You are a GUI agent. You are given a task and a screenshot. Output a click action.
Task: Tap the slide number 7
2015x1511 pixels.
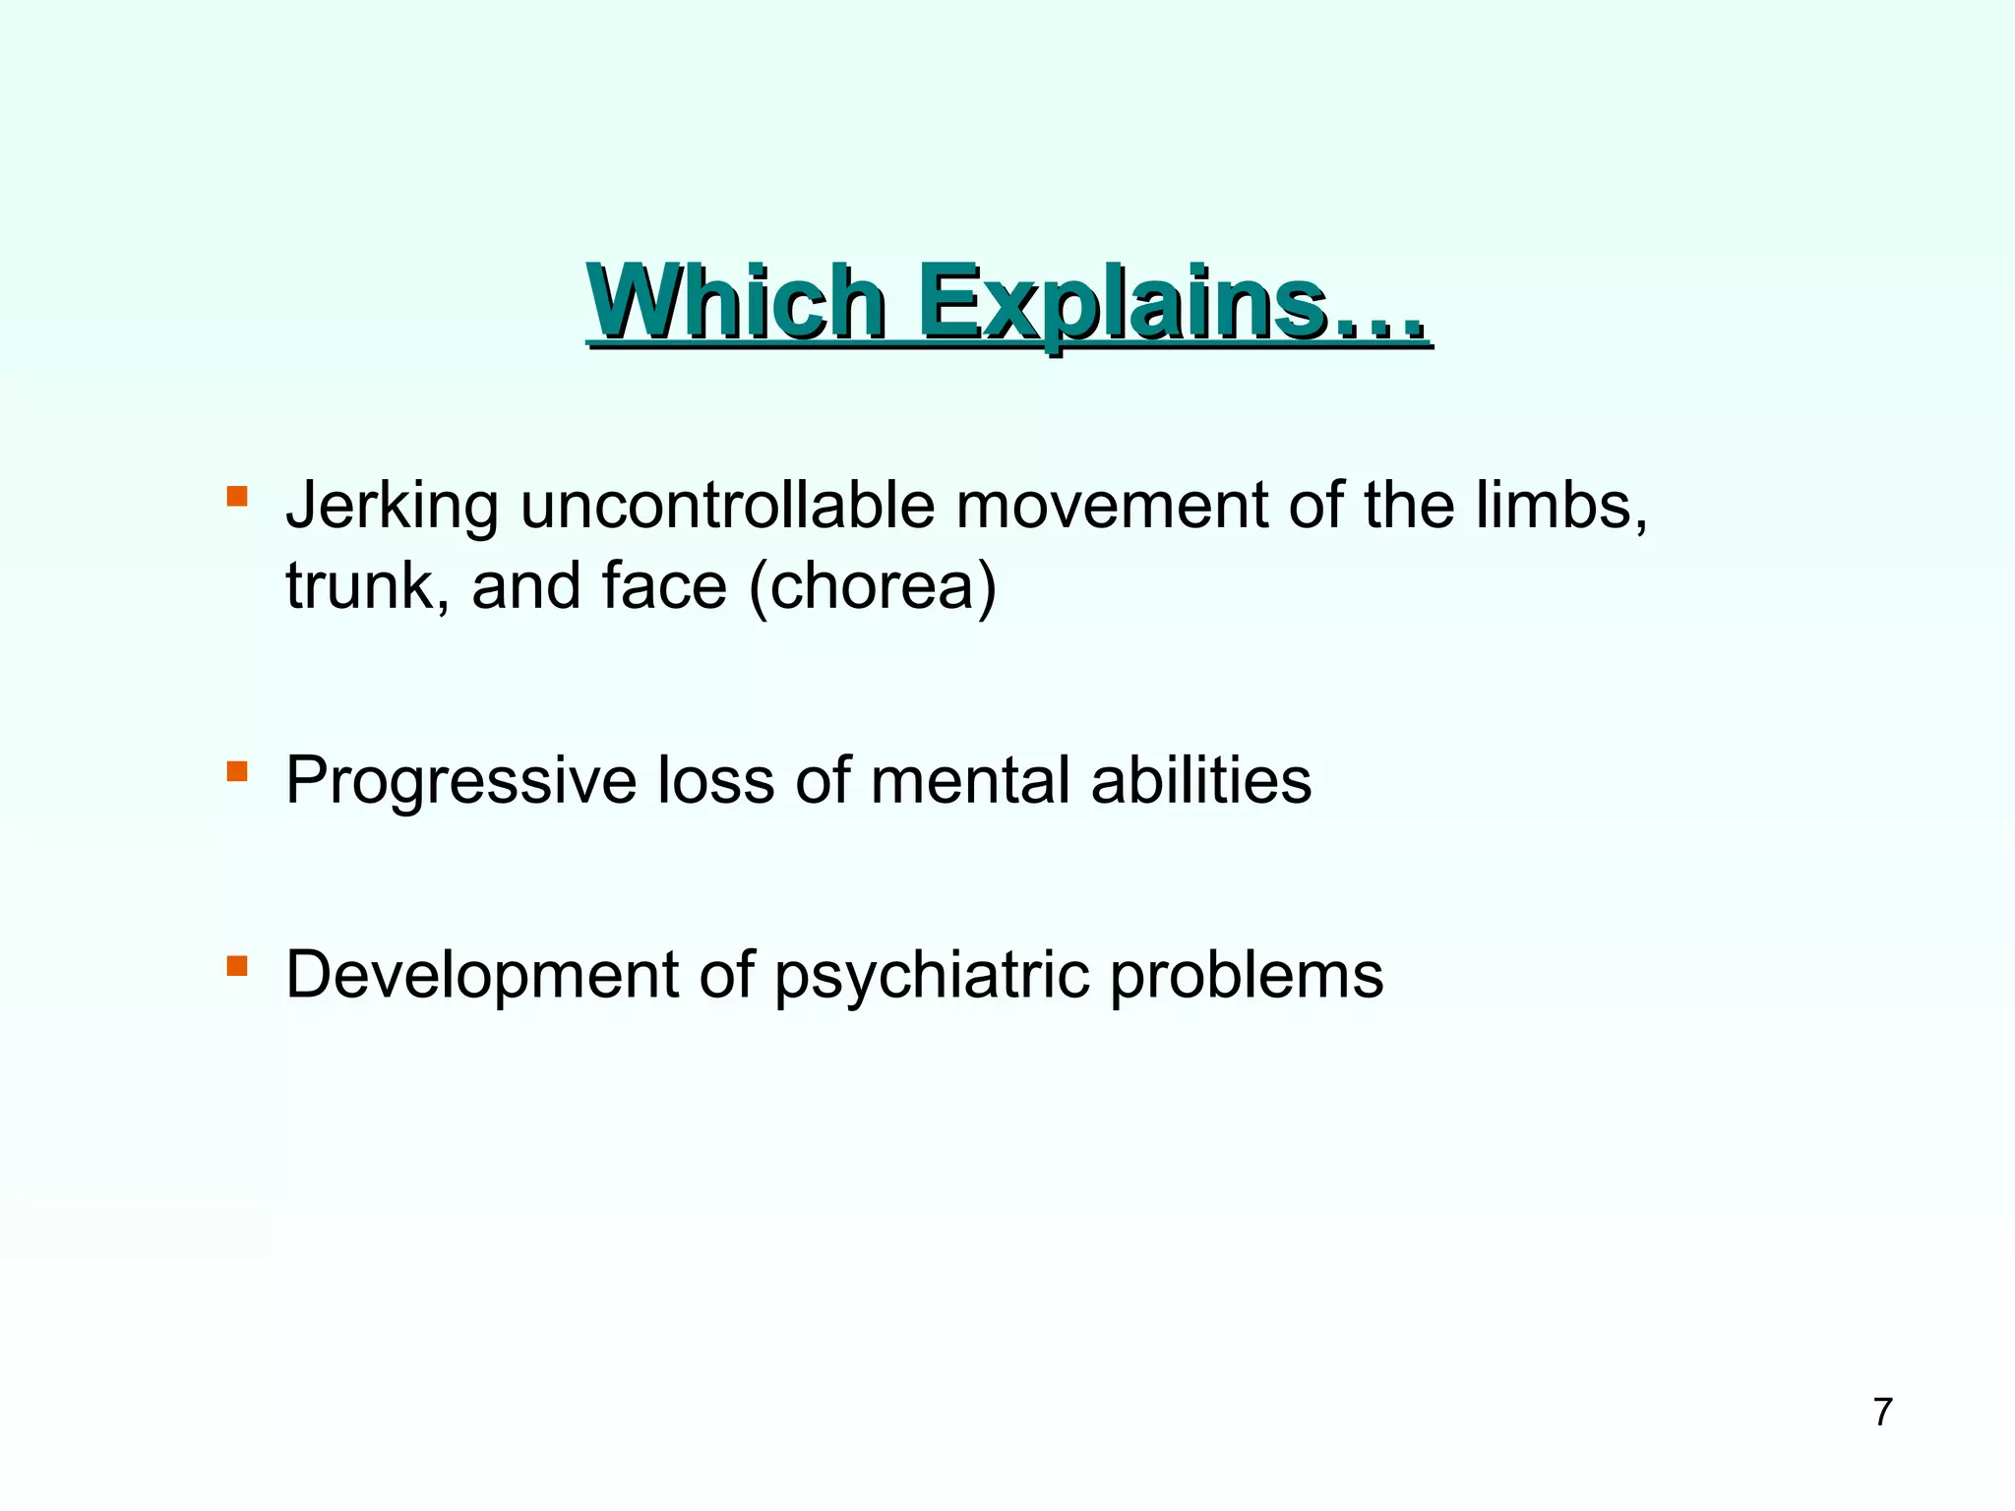(1882, 1412)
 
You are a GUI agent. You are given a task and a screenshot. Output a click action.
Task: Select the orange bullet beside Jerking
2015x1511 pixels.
(236, 495)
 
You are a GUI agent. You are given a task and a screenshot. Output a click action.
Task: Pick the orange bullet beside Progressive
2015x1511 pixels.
(236, 770)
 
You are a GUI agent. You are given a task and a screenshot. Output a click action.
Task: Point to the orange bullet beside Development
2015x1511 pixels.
(236, 965)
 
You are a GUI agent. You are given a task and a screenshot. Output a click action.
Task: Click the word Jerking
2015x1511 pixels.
(392, 507)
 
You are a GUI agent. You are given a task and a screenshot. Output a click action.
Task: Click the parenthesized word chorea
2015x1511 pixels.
(874, 587)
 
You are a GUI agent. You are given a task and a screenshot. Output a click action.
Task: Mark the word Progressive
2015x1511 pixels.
(460, 782)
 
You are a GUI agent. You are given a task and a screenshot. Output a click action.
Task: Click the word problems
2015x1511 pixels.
(1247, 977)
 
